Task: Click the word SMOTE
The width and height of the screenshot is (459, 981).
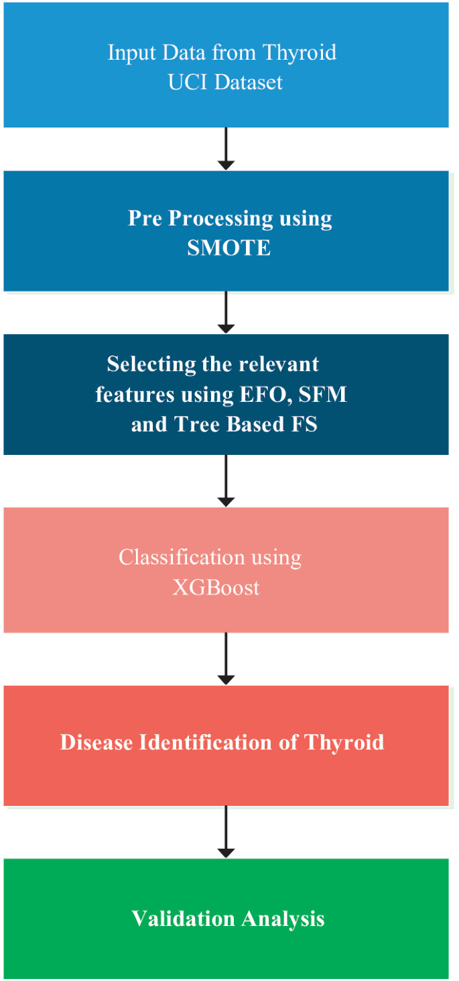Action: click(228, 248)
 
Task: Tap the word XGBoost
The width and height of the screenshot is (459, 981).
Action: click(216, 588)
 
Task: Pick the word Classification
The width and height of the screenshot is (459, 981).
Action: click(172, 557)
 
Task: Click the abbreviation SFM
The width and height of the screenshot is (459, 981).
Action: click(324, 394)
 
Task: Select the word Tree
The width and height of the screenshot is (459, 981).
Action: click(196, 424)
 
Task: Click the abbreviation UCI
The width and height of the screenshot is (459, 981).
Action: click(185, 82)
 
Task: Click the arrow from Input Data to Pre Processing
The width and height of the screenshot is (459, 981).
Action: click(226, 148)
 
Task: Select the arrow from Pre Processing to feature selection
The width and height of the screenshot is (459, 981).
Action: click(226, 312)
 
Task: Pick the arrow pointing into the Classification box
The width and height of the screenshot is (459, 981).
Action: click(226, 480)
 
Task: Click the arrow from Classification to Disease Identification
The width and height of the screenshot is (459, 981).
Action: click(226, 658)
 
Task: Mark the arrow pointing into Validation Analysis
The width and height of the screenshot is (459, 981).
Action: click(226, 831)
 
